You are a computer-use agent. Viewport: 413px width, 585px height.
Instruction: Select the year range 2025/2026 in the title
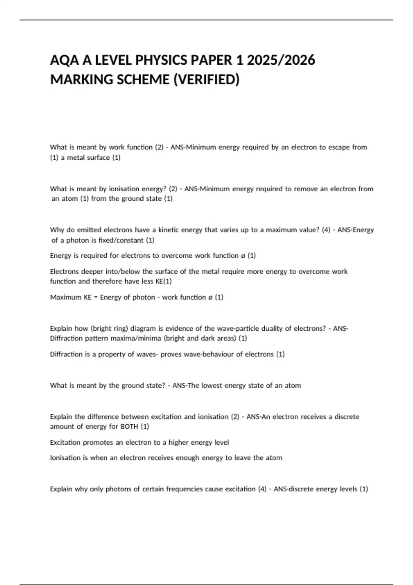coord(281,61)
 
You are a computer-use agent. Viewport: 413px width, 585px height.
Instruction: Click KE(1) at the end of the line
coord(163,281)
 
